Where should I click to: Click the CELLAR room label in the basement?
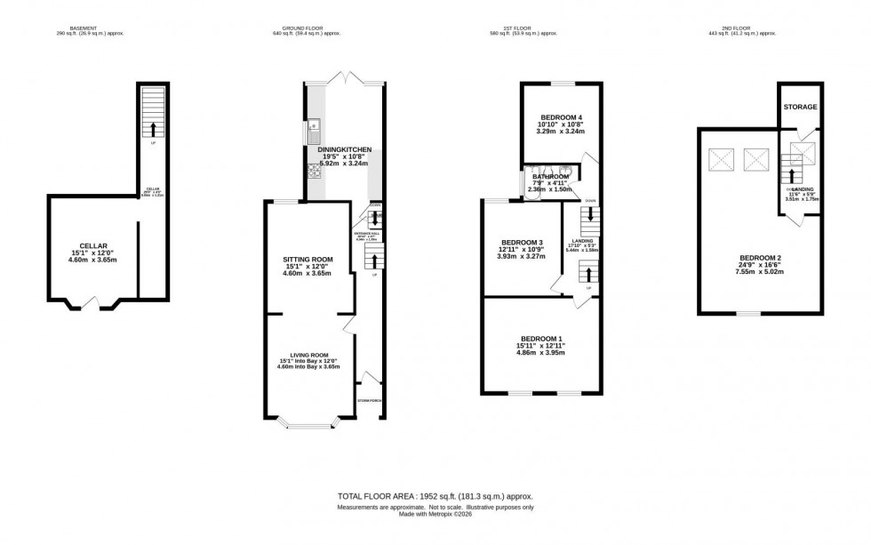pyautogui.click(x=92, y=245)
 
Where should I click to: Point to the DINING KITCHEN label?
pyautogui.click(x=345, y=149)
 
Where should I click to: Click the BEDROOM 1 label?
pyautogui.click(x=541, y=339)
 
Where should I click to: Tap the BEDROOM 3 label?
pyautogui.click(x=522, y=243)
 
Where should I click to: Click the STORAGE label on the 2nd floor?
pyautogui.click(x=800, y=107)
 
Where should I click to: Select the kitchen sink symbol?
pyautogui.click(x=314, y=133)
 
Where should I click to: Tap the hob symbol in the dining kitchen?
pyautogui.click(x=314, y=172)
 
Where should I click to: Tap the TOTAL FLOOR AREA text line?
pyautogui.click(x=435, y=496)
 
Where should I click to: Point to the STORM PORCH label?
pyautogui.click(x=369, y=401)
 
